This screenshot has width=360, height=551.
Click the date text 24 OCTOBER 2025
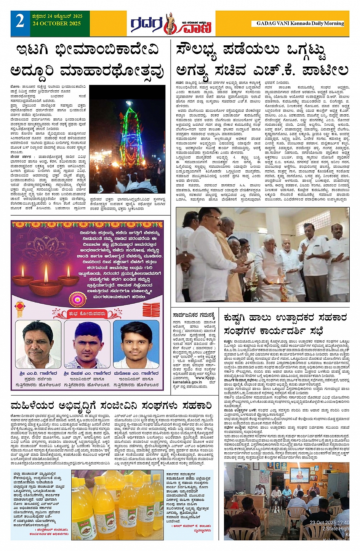[x=57, y=24]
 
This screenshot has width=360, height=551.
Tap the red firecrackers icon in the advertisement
[x=151, y=311]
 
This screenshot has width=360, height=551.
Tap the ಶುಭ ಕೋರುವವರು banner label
[x=87, y=314]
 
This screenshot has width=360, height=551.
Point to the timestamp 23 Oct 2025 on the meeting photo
[x=329, y=522]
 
